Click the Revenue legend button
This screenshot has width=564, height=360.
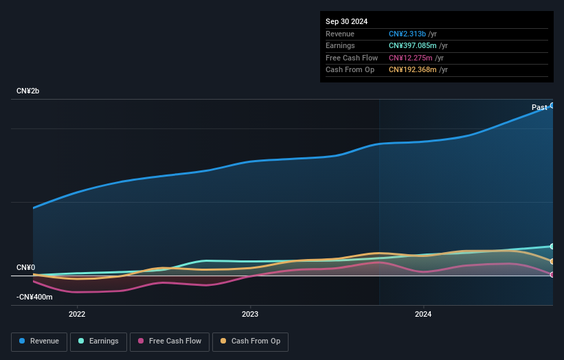39,341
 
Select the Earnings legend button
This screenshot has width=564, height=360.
98,341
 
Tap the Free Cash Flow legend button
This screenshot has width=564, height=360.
169,341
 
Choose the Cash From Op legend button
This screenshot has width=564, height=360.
250,341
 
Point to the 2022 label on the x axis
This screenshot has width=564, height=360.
77,315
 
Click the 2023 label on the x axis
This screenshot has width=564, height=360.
250,315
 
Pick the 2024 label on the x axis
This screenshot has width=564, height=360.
423,315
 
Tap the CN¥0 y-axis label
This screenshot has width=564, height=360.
26,267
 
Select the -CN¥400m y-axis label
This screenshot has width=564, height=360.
34,297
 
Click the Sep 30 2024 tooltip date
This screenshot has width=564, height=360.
346,21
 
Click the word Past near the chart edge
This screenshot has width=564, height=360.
539,107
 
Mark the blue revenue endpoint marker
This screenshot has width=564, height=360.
552,105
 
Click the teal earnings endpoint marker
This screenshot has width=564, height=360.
552,246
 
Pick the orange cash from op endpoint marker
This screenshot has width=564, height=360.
552,261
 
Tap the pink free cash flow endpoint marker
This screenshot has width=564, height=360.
552,275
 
